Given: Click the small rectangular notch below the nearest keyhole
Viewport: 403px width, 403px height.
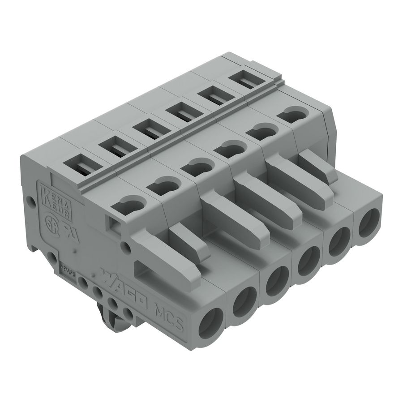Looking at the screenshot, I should coord(113,223).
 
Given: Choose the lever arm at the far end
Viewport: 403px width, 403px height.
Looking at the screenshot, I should coord(318,167).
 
